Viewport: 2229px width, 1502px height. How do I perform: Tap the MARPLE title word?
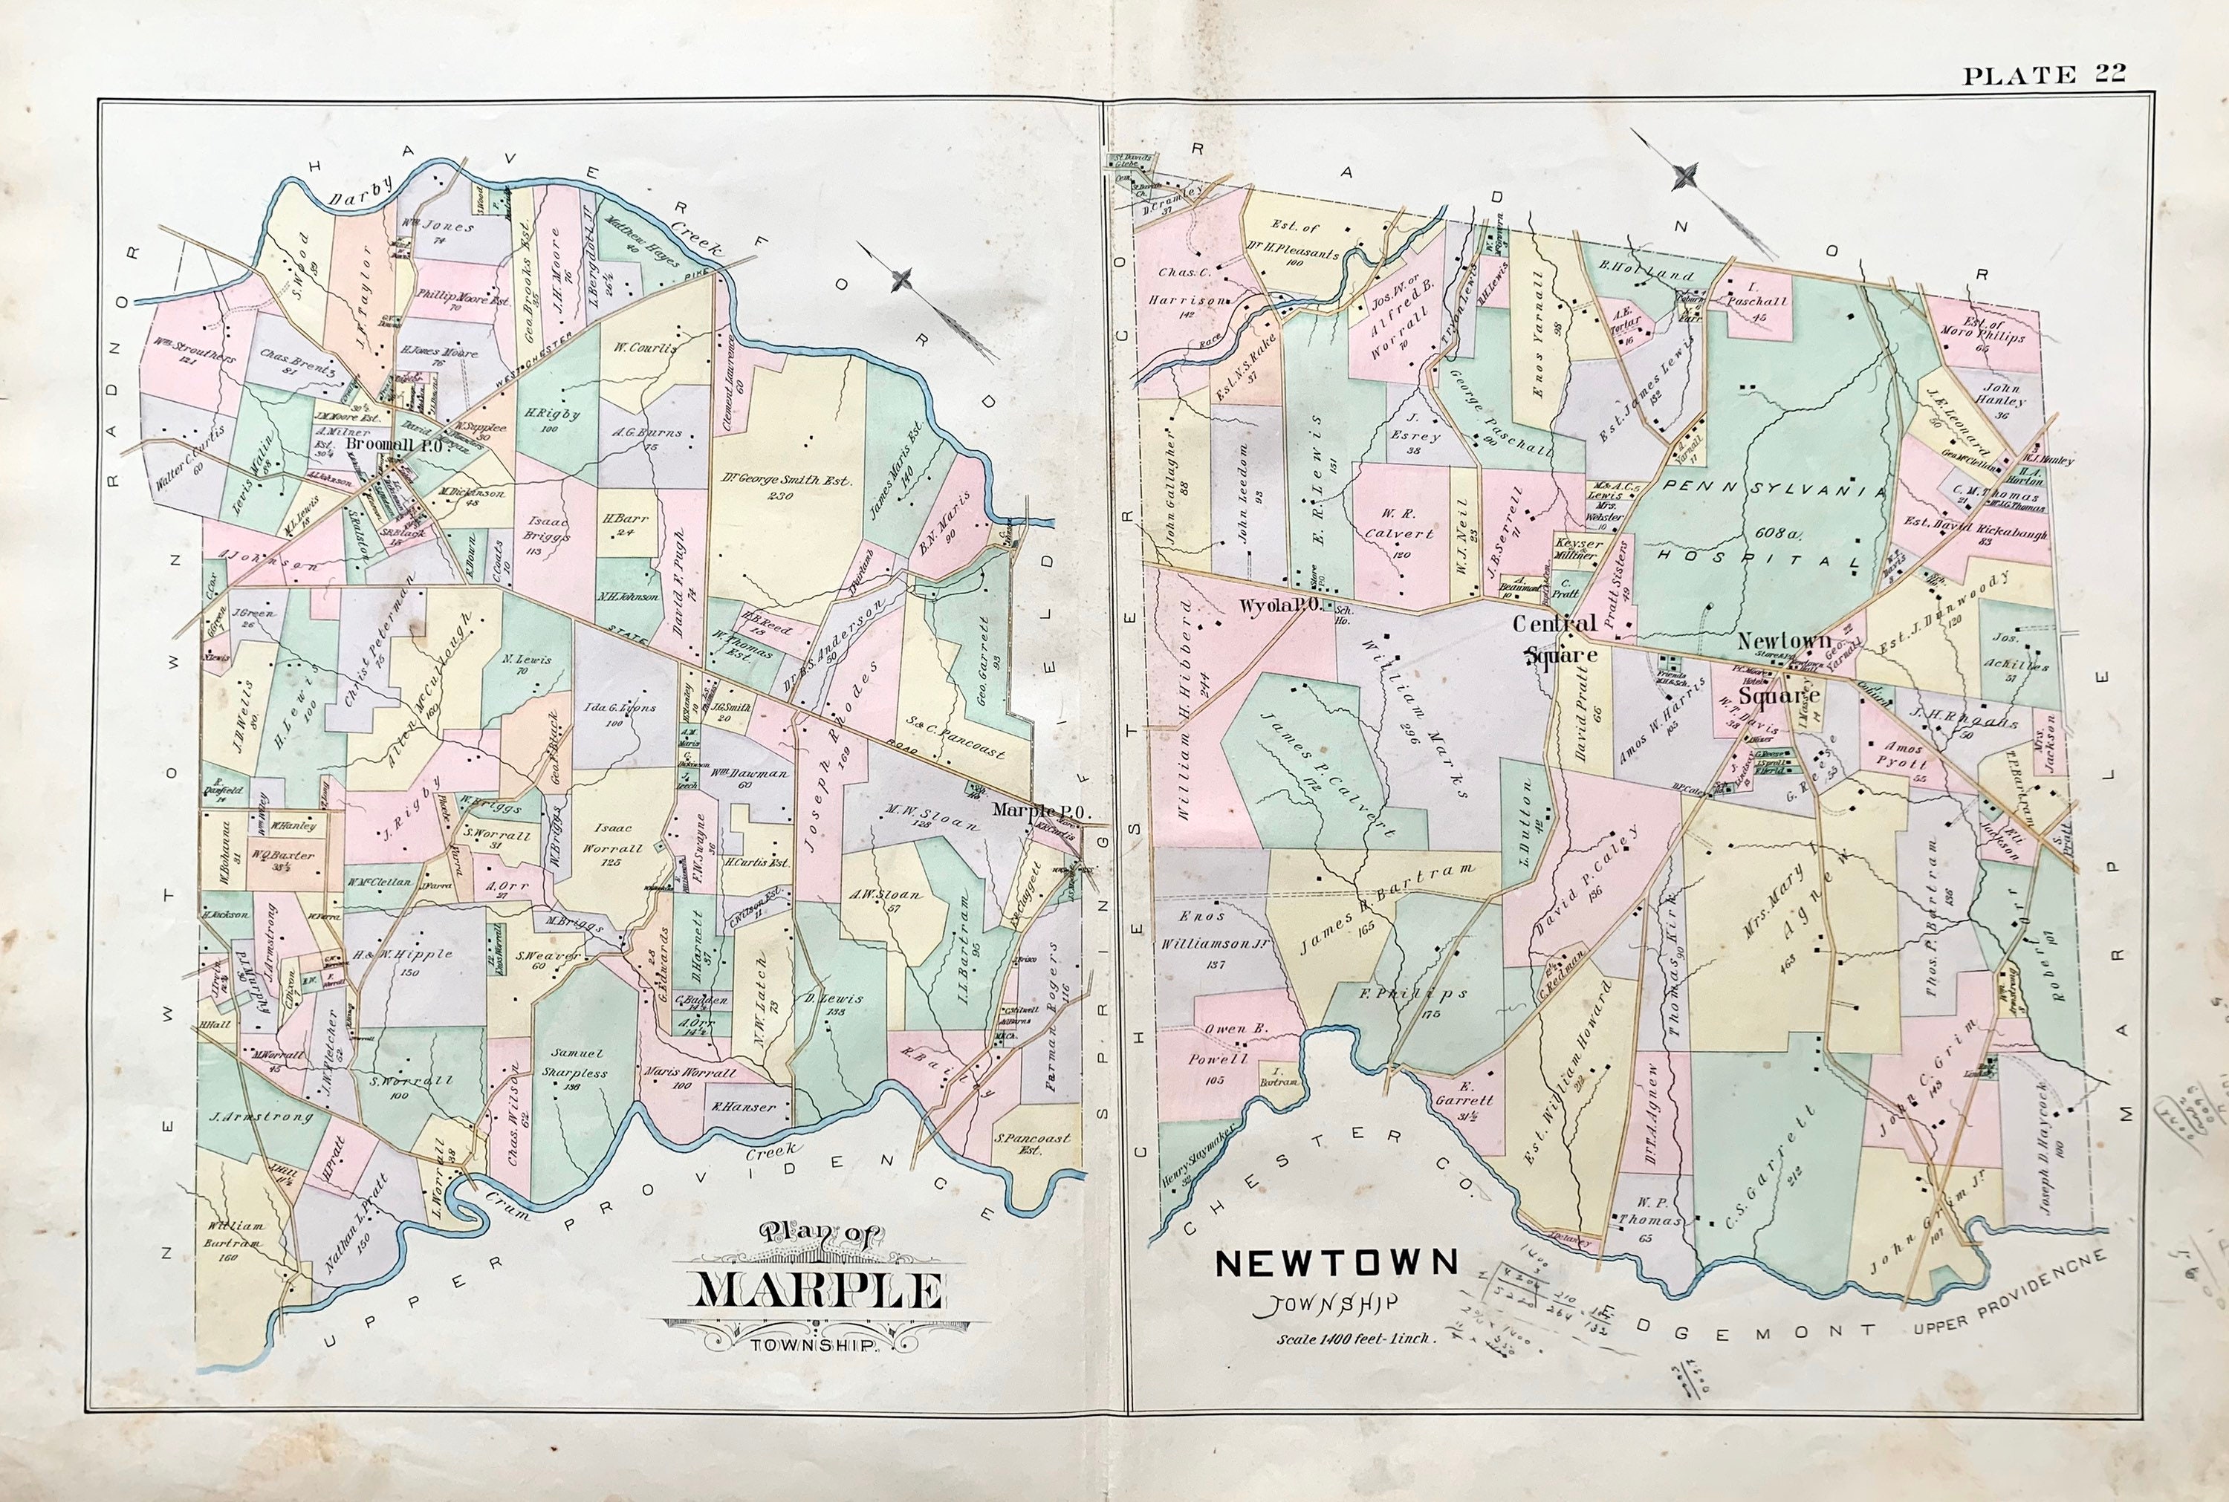(817, 1291)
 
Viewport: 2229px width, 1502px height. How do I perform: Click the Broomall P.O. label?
(393, 446)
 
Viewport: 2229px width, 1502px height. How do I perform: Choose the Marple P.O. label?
(1037, 810)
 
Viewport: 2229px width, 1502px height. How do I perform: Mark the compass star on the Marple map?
(901, 280)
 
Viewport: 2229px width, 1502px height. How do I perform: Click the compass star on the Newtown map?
(1687, 176)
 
